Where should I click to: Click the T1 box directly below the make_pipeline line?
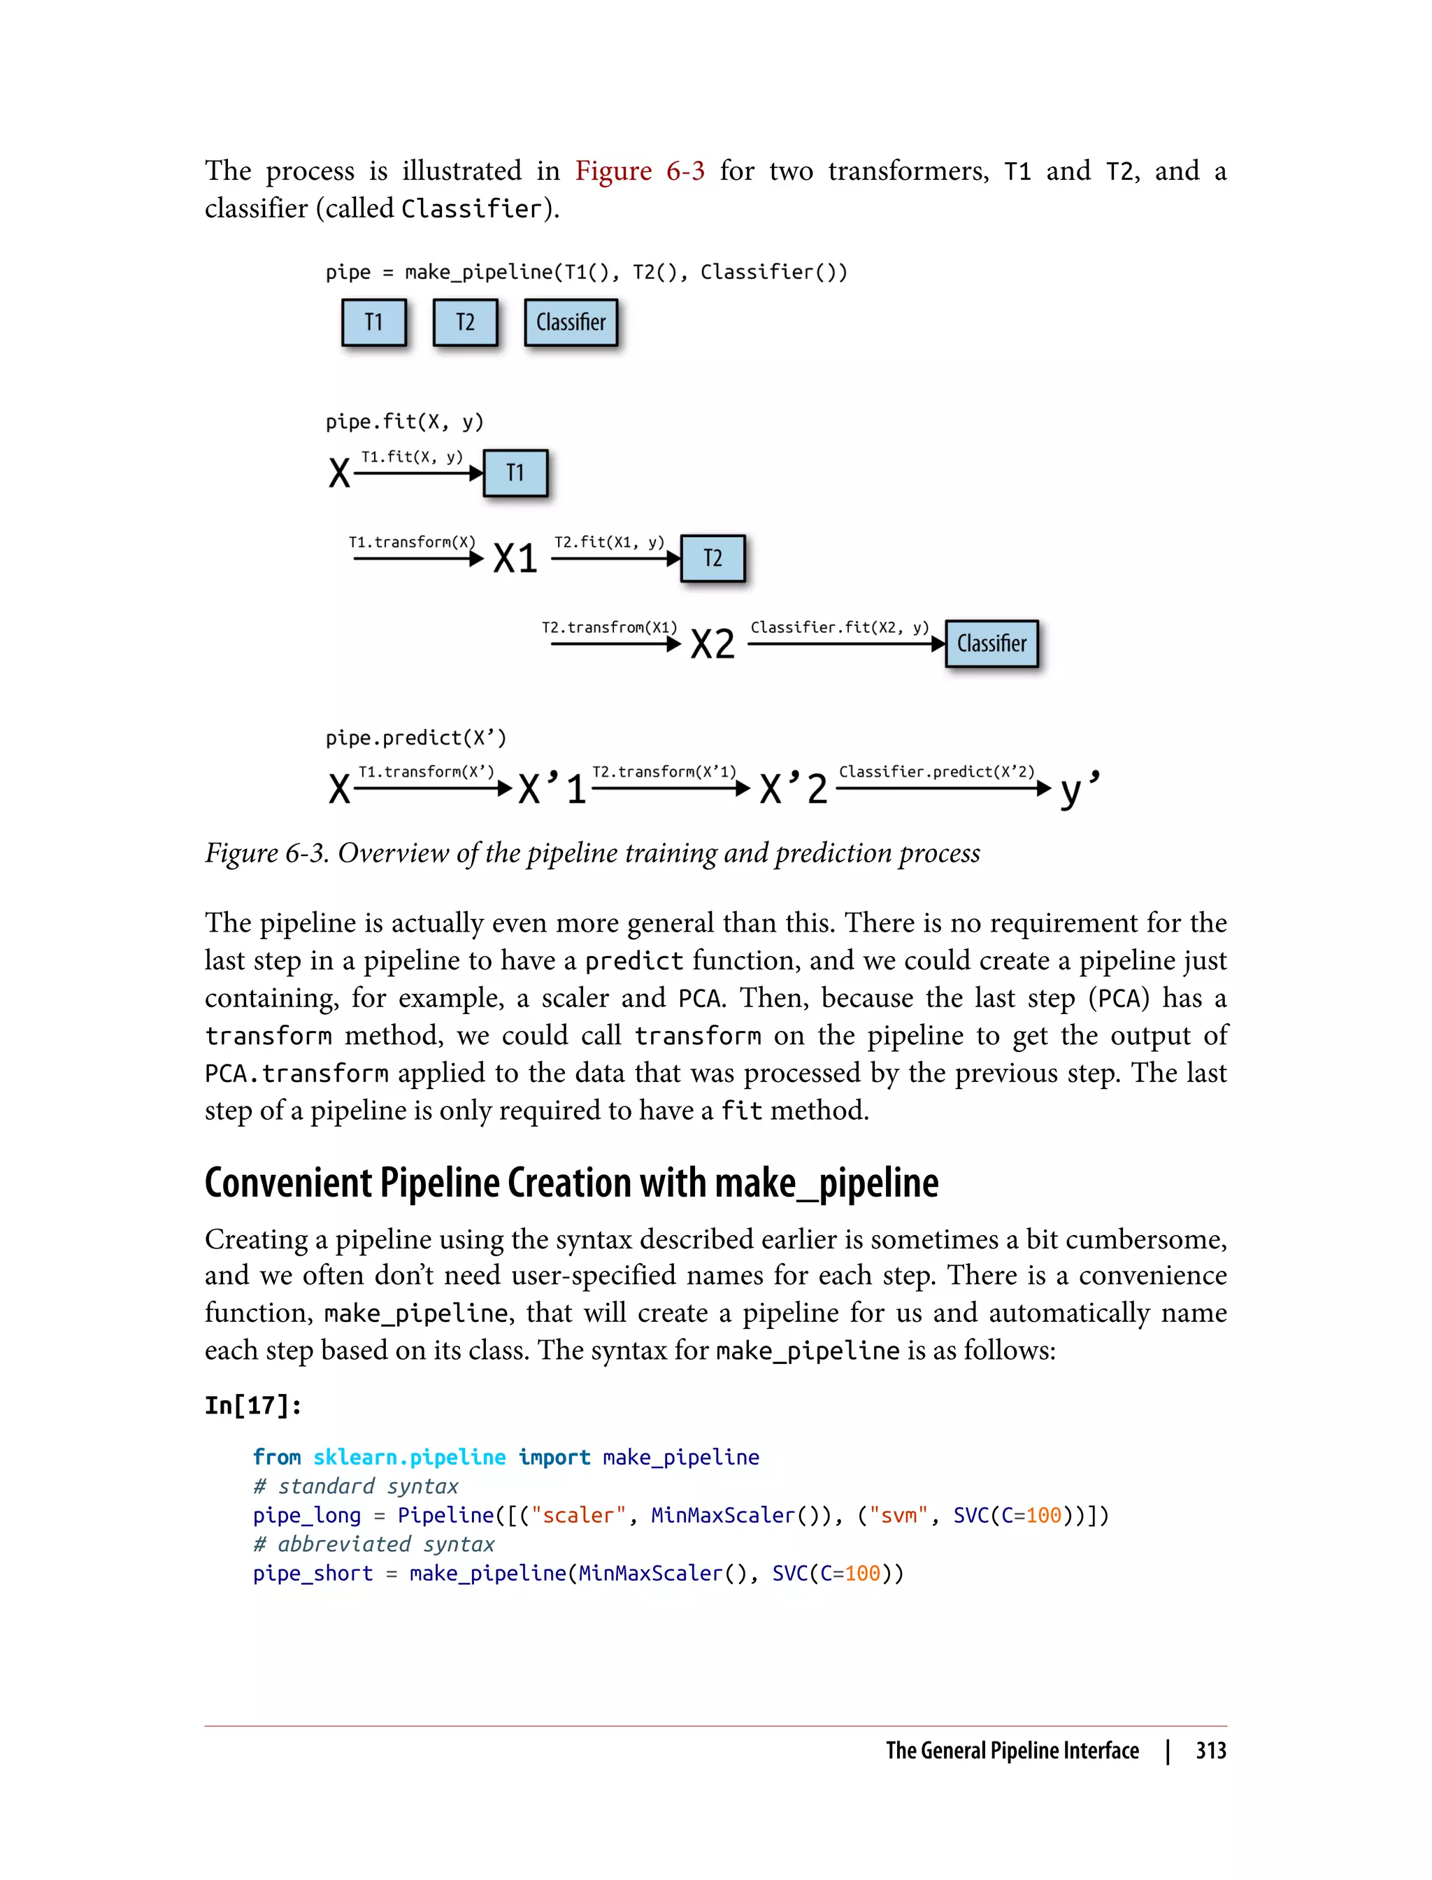coord(373,322)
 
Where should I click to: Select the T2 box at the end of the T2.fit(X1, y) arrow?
coord(713,558)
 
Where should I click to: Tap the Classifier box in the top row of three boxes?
coord(571,322)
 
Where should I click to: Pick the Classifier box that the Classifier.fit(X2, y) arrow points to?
coord(991,643)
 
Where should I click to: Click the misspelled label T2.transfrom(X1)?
coord(610,627)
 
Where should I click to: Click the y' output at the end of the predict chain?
coord(1079,789)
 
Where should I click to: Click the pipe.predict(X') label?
coord(415,737)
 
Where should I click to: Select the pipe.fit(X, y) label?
coord(404,421)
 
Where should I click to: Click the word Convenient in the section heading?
coord(288,1183)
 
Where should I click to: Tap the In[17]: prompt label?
coord(253,1405)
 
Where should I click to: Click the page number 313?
coord(1210,1751)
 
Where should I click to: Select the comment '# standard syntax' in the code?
coord(355,1486)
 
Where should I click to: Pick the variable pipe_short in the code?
coord(313,1573)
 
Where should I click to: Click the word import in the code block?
coord(554,1457)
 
